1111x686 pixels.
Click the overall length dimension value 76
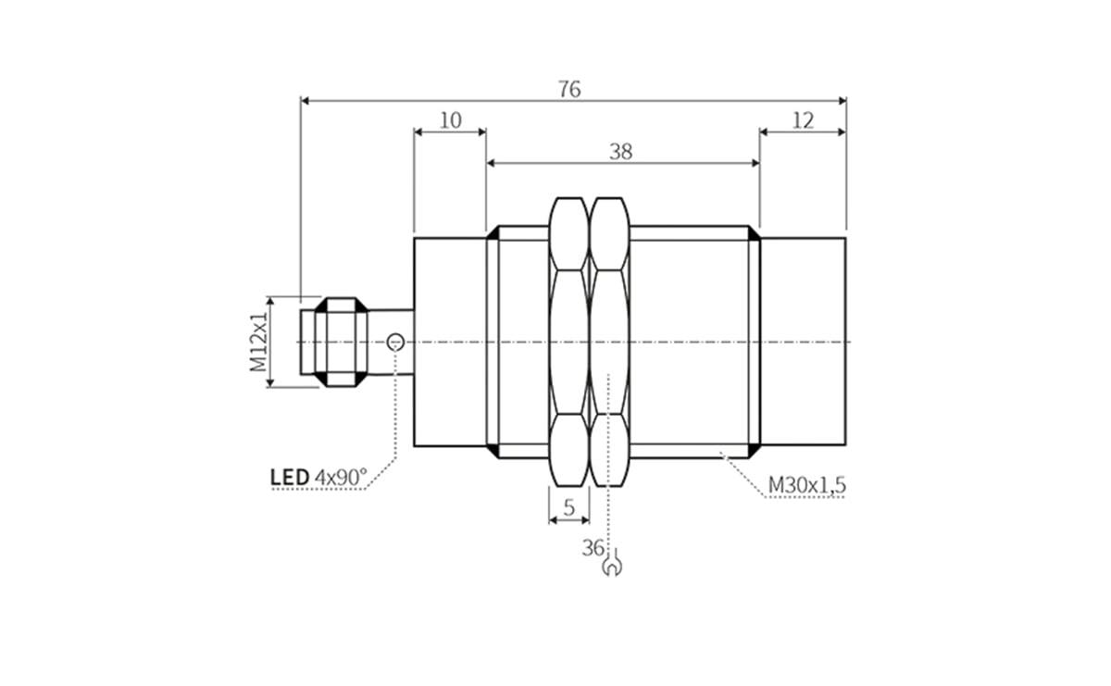[x=569, y=89]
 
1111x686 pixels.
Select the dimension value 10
[x=450, y=120]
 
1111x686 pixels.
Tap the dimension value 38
[x=621, y=152]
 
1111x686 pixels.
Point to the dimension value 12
[x=803, y=120]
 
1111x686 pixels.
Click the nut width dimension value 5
[x=569, y=506]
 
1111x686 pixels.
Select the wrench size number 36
[x=593, y=547]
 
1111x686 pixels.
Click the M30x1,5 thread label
[x=807, y=484]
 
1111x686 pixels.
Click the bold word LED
[x=290, y=478]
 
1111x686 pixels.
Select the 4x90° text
[x=341, y=478]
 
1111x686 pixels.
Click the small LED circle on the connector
[x=396, y=342]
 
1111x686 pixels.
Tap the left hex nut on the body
[x=569, y=342]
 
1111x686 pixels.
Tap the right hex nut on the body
[x=610, y=342]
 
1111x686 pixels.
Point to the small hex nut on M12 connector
[x=341, y=342]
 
